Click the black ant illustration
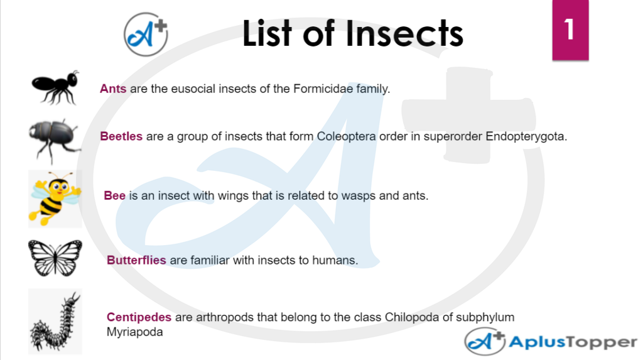pyautogui.click(x=55, y=87)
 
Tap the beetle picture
pyautogui.click(x=55, y=140)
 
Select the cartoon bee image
pyautogui.click(x=55, y=199)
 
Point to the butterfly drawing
pyautogui.click(x=55, y=258)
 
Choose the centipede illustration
pyautogui.click(x=55, y=322)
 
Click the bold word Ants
pyautogui.click(x=113, y=89)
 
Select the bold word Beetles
pyautogui.click(x=121, y=136)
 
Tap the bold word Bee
pyautogui.click(x=114, y=195)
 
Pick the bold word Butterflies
pyautogui.click(x=136, y=260)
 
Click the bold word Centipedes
pyautogui.click(x=139, y=317)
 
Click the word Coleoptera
pyautogui.click(x=346, y=136)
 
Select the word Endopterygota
pyautogui.click(x=526, y=137)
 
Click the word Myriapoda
pyautogui.click(x=134, y=332)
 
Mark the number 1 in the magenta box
pyautogui.click(x=570, y=30)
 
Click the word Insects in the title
pyautogui.click(x=404, y=34)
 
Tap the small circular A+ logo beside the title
pyautogui.click(x=146, y=35)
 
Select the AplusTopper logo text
pyautogui.click(x=573, y=342)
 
